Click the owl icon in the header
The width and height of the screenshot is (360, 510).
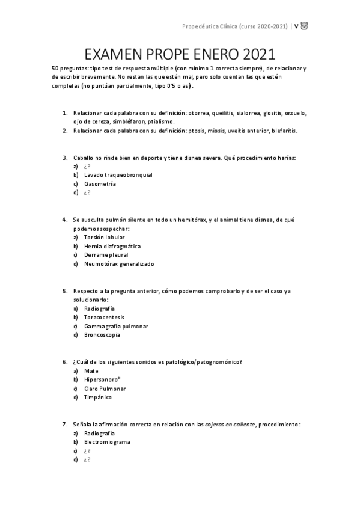(x=304, y=26)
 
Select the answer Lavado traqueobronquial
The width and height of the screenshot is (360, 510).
(x=118, y=175)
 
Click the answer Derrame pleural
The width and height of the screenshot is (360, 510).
(x=106, y=255)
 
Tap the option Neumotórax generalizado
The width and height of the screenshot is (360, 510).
(x=119, y=264)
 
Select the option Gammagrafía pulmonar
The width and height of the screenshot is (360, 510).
(x=116, y=326)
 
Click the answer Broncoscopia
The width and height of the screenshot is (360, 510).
(x=102, y=335)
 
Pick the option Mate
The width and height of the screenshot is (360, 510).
(x=91, y=370)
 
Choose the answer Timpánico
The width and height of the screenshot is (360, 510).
(x=97, y=398)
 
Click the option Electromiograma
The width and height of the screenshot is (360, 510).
(x=107, y=442)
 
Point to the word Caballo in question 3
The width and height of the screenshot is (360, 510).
(x=84, y=158)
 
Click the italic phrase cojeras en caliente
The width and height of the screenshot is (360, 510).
(x=230, y=424)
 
